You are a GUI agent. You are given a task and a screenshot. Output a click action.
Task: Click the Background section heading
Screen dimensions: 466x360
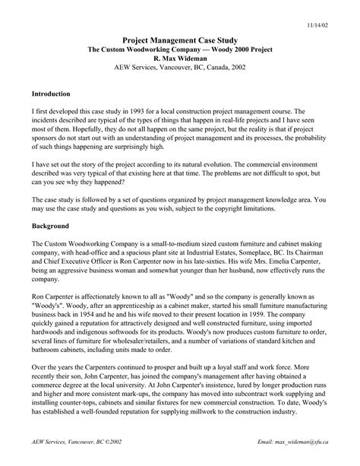click(50, 226)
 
